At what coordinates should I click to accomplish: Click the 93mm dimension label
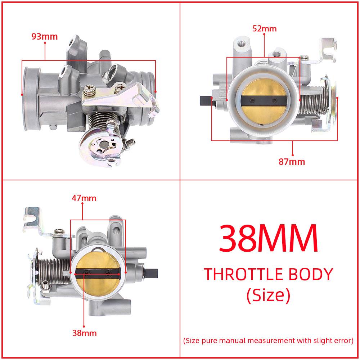click(44, 36)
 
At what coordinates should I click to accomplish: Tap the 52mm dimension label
click(265, 29)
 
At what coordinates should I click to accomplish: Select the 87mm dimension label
click(292, 162)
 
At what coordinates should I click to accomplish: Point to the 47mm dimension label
click(84, 198)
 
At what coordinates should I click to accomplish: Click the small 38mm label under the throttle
click(85, 333)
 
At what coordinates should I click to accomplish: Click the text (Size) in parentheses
click(269, 295)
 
